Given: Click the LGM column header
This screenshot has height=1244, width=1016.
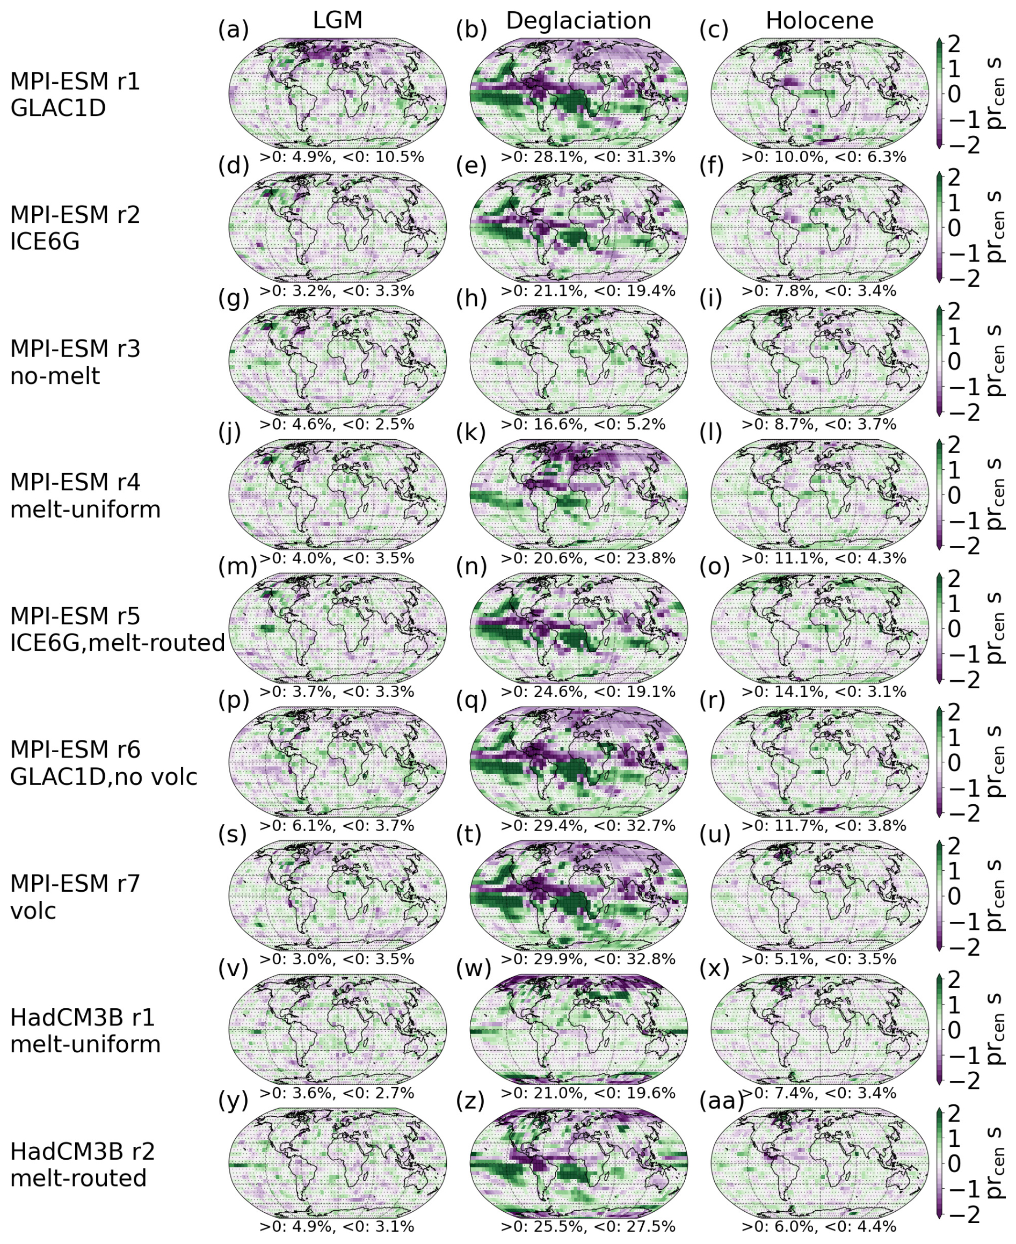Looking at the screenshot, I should (338, 20).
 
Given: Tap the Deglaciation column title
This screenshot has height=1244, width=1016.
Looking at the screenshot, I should (578, 21).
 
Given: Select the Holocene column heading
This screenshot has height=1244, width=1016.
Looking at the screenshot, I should (819, 21).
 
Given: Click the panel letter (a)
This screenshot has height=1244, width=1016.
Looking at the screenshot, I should (233, 29).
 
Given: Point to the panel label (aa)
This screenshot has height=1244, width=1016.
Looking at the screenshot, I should (722, 1101).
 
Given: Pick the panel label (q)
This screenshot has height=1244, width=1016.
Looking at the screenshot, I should (471, 700).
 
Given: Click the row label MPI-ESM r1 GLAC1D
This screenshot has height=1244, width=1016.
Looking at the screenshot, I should (76, 95).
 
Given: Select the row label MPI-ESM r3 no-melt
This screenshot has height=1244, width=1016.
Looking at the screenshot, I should (76, 362).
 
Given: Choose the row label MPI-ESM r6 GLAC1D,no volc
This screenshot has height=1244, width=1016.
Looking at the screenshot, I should (104, 763).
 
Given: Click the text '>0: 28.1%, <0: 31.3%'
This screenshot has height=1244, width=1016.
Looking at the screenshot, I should (588, 157).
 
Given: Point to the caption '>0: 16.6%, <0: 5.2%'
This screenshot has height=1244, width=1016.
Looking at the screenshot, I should (583, 424).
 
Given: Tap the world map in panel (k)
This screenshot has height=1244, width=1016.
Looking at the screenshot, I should (578, 495).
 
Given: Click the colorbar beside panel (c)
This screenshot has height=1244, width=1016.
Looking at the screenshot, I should (939, 93).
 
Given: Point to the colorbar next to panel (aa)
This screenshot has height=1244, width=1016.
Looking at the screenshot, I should (939, 1163).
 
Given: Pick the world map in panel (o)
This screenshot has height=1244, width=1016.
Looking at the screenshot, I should (819, 628).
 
